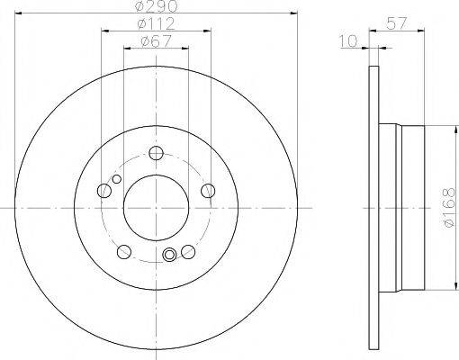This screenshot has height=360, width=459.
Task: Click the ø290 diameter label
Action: point(156,6)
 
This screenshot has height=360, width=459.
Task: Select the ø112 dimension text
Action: point(156,23)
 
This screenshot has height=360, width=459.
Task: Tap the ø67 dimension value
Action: point(156,41)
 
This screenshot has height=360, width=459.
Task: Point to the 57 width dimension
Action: point(396,23)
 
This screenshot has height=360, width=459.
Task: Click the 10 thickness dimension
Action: point(348,41)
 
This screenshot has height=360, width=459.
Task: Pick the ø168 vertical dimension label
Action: point(451,208)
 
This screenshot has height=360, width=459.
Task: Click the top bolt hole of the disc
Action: point(156,153)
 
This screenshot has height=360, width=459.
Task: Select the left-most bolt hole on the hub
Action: point(104,191)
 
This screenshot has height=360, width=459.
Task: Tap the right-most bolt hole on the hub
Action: point(208,191)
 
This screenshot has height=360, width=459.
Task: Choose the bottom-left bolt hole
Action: point(124,251)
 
